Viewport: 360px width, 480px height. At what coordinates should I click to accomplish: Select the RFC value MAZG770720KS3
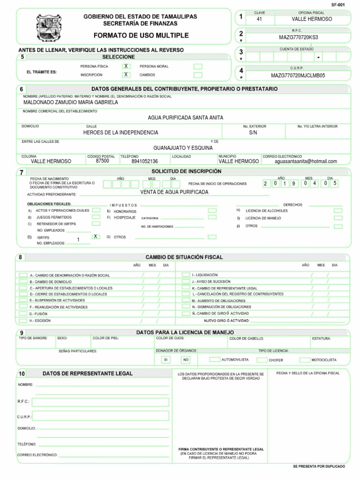(x=298, y=37)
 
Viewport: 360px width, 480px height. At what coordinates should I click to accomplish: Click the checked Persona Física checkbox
(x=126, y=66)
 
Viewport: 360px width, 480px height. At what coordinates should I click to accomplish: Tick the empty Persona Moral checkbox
(x=198, y=66)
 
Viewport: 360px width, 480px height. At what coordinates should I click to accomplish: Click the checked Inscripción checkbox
(x=126, y=75)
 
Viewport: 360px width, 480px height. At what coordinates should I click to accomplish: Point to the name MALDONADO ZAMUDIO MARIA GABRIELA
(x=71, y=102)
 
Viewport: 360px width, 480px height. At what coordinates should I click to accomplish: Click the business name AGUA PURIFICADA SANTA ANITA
(x=186, y=117)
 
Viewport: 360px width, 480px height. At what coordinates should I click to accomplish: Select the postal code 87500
(x=102, y=160)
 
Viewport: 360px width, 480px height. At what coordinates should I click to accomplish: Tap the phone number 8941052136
(x=145, y=161)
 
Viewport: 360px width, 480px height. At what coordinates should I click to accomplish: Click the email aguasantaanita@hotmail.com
(x=306, y=161)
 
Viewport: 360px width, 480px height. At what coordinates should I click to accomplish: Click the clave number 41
(x=260, y=19)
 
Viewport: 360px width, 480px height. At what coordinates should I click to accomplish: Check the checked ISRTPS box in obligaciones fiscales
(x=96, y=237)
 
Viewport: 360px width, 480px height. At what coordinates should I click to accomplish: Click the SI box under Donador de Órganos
(x=165, y=360)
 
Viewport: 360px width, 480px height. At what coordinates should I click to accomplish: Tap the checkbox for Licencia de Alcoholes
(x=337, y=210)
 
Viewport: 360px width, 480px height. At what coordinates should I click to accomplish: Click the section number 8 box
(x=21, y=257)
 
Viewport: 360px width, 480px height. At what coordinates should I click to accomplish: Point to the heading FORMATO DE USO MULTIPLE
(x=141, y=35)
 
